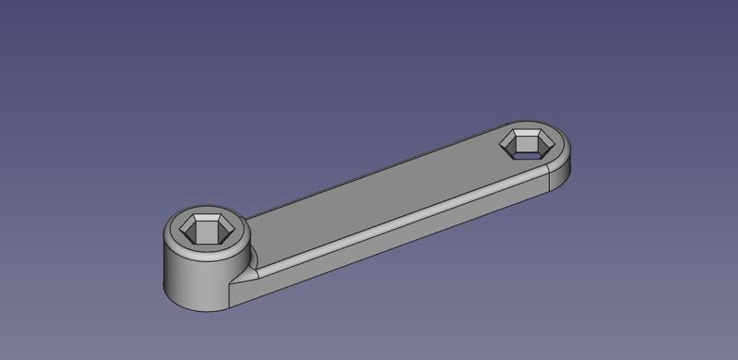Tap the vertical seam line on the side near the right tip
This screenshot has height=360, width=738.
[x=550, y=181]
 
